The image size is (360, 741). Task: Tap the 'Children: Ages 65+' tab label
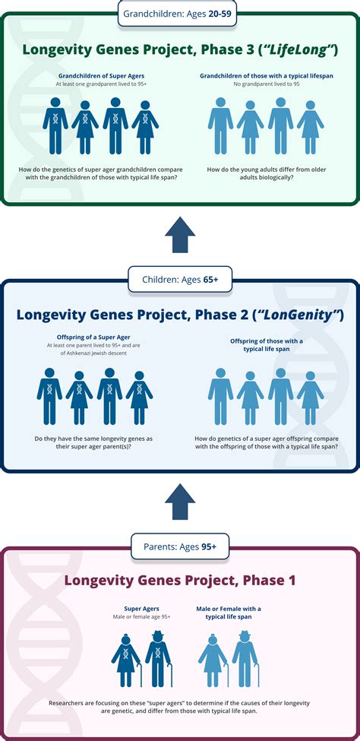tap(180, 280)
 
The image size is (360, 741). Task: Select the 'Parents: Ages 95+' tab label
tap(180, 546)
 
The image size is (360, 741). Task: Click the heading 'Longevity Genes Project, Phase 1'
tap(180, 580)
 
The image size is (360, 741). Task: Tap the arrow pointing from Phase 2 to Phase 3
tap(180, 234)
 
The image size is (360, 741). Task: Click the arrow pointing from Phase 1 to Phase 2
tap(180, 502)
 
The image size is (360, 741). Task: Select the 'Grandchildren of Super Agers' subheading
tap(100, 75)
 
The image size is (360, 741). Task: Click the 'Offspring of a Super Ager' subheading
tap(94, 338)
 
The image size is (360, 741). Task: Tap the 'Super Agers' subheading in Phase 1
tap(141, 609)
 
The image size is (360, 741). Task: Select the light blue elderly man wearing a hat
tap(245, 659)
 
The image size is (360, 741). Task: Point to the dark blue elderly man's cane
tap(170, 676)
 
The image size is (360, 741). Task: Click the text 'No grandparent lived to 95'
tap(267, 84)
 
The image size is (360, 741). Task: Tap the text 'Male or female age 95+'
tap(141, 616)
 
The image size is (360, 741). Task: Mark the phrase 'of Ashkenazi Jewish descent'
tap(94, 353)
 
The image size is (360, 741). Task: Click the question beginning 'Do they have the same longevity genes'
tap(93, 442)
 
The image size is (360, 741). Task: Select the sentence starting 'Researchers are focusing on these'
tap(179, 707)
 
